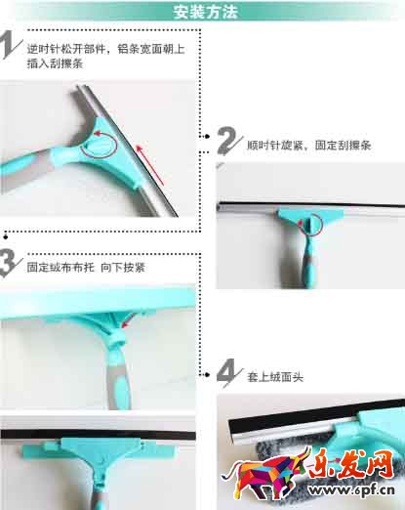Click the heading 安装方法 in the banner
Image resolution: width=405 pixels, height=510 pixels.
pyautogui.click(x=205, y=12)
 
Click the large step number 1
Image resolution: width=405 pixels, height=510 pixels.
pyautogui.click(x=10, y=45)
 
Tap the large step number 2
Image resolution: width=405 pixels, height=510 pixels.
pyautogui.click(x=229, y=141)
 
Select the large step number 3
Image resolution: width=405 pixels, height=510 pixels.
pyautogui.click(x=10, y=263)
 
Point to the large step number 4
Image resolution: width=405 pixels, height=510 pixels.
pyautogui.click(x=229, y=372)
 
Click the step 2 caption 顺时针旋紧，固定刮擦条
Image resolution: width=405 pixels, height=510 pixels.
pyautogui.click(x=308, y=145)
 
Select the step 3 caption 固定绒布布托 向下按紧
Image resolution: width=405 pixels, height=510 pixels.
pyautogui.click(x=86, y=268)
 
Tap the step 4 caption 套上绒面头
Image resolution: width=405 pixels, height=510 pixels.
pyautogui.click(x=275, y=377)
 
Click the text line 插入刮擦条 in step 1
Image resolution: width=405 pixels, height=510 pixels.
pyautogui.click(x=55, y=64)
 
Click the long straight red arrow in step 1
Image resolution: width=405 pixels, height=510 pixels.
pyautogui.click(x=149, y=165)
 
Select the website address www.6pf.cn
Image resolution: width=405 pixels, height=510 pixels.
pyautogui.click(x=352, y=489)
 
